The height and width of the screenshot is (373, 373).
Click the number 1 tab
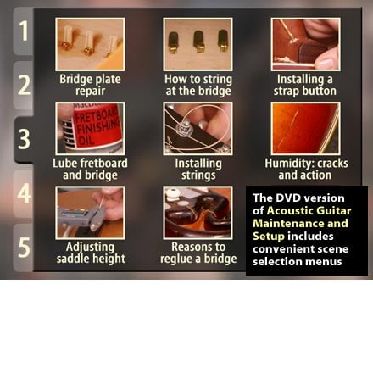(x=24, y=31)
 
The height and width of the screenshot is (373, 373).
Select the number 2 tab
(x=24, y=85)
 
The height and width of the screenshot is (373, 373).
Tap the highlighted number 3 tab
(x=24, y=139)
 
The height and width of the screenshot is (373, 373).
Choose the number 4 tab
(x=24, y=193)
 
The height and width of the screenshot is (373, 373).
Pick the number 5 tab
(x=24, y=248)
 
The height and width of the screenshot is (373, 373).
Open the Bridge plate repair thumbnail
(x=90, y=44)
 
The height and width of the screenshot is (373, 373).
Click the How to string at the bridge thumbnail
(x=198, y=44)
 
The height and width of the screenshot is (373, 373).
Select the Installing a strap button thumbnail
(x=305, y=44)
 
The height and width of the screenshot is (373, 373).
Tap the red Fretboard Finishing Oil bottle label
(x=97, y=128)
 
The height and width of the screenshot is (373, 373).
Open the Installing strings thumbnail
(x=198, y=129)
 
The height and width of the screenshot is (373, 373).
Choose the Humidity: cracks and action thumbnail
(x=305, y=129)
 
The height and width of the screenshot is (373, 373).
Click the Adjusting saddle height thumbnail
(x=90, y=213)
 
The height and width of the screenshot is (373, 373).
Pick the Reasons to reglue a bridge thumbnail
(x=198, y=213)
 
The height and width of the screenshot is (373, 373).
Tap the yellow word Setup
(x=269, y=237)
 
